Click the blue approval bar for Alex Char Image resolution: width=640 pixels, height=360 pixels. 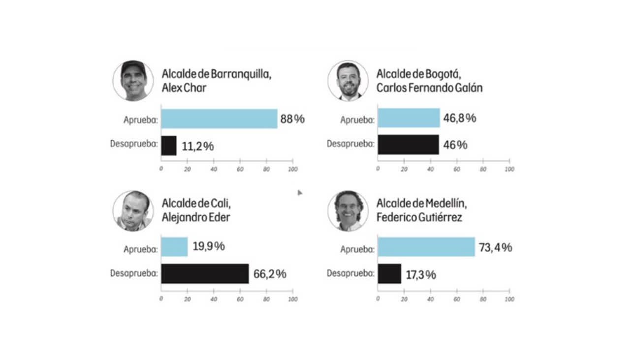[x=219, y=119]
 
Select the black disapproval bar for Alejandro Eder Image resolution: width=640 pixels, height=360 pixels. [x=205, y=274]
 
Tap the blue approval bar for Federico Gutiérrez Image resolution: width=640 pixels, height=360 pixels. [x=426, y=247]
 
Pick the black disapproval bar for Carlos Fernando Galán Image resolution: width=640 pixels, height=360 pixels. [x=408, y=145]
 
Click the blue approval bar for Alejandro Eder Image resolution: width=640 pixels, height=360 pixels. [x=174, y=247]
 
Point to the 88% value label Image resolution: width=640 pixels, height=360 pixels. [x=292, y=119]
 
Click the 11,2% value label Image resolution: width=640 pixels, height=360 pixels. [x=197, y=146]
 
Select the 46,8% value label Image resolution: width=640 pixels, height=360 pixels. [x=460, y=119]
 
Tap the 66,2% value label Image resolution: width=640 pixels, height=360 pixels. [x=270, y=274]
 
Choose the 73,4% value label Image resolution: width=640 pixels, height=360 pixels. [x=495, y=247]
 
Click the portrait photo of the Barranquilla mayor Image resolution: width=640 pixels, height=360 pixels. [x=133, y=81]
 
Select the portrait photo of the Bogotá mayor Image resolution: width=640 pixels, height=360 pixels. [x=348, y=81]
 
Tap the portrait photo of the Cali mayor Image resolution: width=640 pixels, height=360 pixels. [x=133, y=211]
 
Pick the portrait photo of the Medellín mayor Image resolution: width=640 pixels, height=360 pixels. [x=348, y=211]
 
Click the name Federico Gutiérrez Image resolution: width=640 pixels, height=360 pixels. [x=419, y=217]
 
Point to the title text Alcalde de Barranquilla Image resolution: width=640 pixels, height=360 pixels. [x=217, y=74]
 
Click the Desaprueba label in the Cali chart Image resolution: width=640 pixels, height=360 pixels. [x=133, y=274]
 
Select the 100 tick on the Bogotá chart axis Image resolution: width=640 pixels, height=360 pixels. [x=510, y=169]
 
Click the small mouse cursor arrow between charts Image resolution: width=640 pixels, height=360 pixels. [x=299, y=193]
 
